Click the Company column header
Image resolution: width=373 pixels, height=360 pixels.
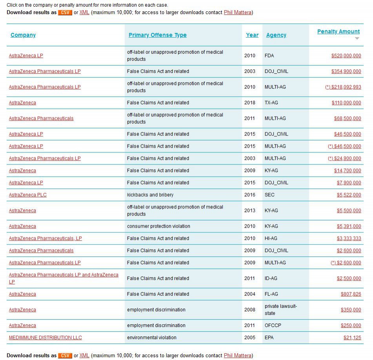pyautogui.click(x=23, y=35)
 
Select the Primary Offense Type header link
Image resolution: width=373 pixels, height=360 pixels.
pyautogui.click(x=157, y=35)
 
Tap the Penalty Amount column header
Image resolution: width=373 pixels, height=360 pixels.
pyautogui.click(x=338, y=31)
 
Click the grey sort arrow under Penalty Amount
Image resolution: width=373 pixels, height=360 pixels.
pyautogui.click(x=357, y=38)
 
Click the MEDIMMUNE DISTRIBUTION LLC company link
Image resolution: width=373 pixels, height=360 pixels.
pyautogui.click(x=45, y=338)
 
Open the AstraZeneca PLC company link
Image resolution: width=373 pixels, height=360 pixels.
pyautogui.click(x=28, y=195)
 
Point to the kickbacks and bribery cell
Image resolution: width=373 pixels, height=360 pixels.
pyautogui.click(x=150, y=195)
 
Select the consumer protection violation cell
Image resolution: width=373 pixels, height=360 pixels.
pyautogui.click(x=158, y=227)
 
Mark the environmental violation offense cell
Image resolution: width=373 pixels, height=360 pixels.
pyautogui.click(x=152, y=338)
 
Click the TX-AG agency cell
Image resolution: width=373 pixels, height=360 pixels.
pyautogui.click(x=271, y=103)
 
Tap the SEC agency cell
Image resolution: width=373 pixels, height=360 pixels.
pyautogui.click(x=269, y=195)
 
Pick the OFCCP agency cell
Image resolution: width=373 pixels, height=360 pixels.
pyautogui.click(x=273, y=325)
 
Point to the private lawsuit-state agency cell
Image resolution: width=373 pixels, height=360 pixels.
pyautogui.click(x=280, y=310)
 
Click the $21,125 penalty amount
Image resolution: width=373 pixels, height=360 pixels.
pyautogui.click(x=352, y=338)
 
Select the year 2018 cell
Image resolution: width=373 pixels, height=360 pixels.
pyautogui.click(x=250, y=103)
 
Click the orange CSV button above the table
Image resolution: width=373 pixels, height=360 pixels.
pyautogui.click(x=65, y=13)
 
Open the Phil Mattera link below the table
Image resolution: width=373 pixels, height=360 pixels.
pyautogui.click(x=237, y=356)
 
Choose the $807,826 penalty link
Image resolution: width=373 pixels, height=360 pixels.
pyautogui.click(x=351, y=294)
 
